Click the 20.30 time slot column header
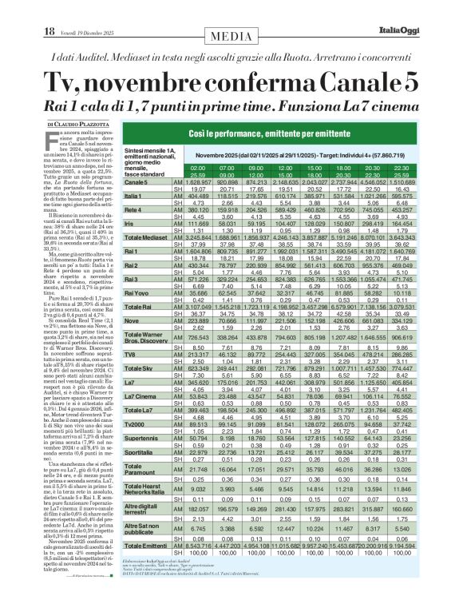tap(414, 168)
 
